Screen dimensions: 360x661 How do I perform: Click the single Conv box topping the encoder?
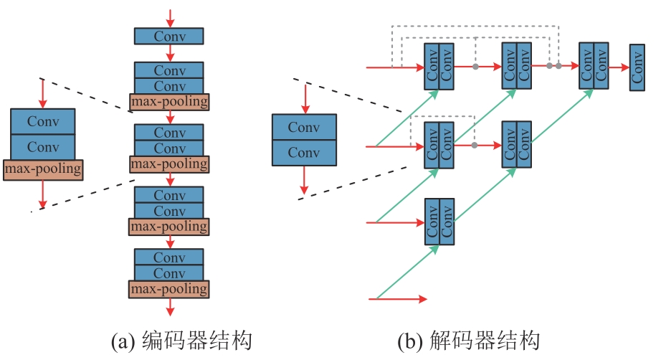pos(169,36)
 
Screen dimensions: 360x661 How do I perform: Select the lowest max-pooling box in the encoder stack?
pos(169,290)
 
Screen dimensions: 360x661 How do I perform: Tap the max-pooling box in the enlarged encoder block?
pos(42,170)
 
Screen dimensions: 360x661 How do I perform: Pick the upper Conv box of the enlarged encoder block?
pos(42,121)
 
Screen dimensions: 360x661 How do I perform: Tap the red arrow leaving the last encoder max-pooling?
pos(169,307)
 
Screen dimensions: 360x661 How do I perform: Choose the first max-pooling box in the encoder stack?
pos(169,102)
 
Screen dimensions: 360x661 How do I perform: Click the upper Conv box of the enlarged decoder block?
pos(304,127)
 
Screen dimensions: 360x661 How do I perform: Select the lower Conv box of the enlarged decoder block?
pos(304,153)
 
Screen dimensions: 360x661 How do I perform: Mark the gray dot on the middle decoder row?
pos(475,146)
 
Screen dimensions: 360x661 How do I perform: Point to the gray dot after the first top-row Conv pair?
pos(475,67)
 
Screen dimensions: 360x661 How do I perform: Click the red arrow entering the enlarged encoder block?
pos(42,93)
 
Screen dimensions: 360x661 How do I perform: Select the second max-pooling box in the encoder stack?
pos(169,164)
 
